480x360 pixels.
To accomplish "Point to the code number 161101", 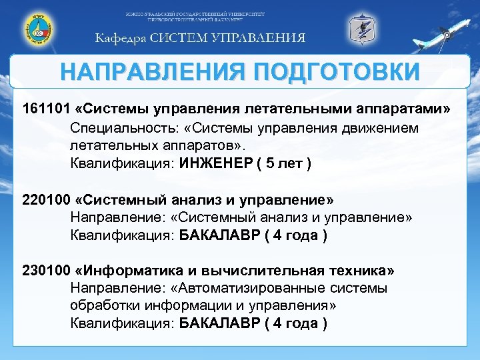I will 45,108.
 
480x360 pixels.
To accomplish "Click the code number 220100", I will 45,199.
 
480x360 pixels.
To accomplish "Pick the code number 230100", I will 45,271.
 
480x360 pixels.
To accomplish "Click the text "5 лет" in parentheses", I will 283,163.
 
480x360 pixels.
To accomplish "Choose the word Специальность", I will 117,127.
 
